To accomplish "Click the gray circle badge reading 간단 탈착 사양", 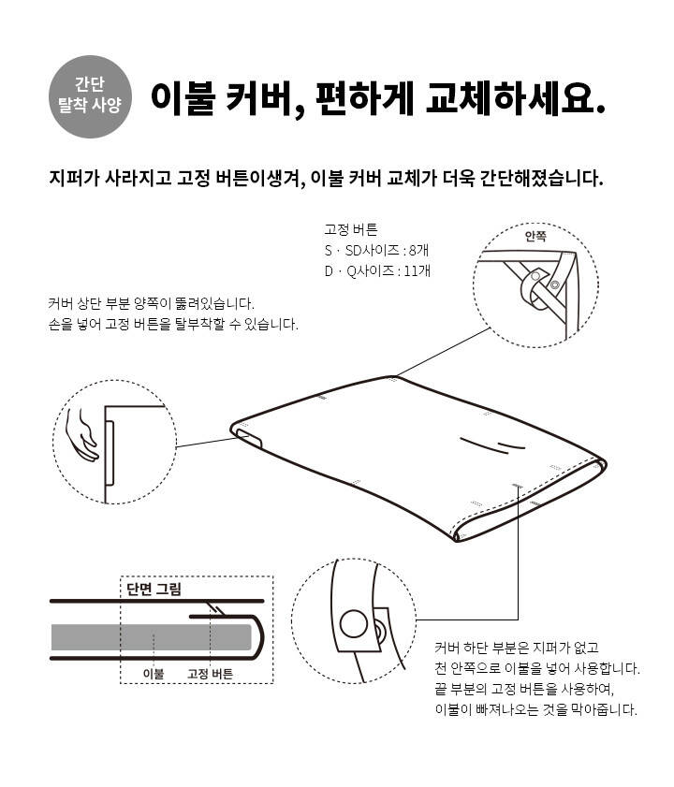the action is [x=91, y=96].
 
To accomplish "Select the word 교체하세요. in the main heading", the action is [x=515, y=98].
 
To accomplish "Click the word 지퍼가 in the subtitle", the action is [x=74, y=178].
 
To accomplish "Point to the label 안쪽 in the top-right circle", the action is [x=535, y=236].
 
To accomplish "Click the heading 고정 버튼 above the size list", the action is [x=350, y=230].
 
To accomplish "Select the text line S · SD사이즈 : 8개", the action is [x=376, y=251].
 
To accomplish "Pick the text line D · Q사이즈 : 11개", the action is [x=377, y=271].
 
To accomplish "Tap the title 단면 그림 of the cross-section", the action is [x=154, y=589].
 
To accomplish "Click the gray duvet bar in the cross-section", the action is [x=151, y=637].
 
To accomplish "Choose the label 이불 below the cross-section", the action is [x=154, y=674].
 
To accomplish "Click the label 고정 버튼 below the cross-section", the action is [x=210, y=674].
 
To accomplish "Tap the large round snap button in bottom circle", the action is [x=354, y=624].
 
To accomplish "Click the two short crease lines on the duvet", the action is [x=492, y=445].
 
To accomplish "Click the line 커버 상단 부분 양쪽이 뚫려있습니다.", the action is [x=152, y=303].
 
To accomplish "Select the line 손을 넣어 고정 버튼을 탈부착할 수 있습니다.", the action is [x=173, y=324].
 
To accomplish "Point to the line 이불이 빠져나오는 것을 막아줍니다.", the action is [x=535, y=709].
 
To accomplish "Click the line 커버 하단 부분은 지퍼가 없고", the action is [x=517, y=648].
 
